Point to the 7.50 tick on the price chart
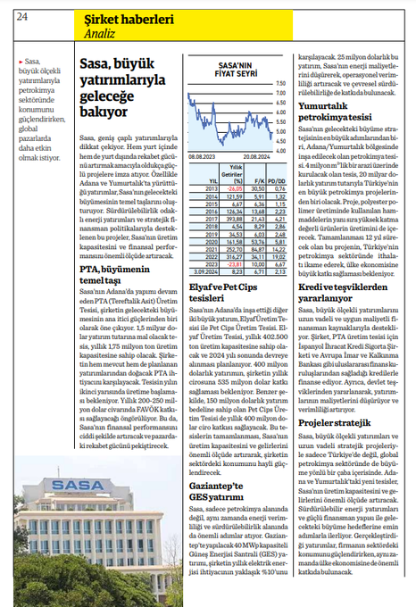coord(280,83)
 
